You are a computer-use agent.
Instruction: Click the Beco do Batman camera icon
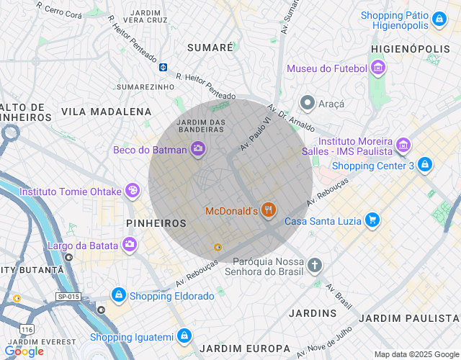tap(198, 150)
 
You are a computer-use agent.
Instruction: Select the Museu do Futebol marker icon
tap(378, 68)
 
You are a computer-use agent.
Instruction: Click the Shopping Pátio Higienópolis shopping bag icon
tap(439, 19)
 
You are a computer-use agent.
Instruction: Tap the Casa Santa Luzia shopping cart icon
tap(372, 220)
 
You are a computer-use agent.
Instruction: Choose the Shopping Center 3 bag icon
tap(425, 165)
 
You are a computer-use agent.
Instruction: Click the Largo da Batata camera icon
tap(129, 245)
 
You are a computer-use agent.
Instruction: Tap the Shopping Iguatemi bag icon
tap(185, 336)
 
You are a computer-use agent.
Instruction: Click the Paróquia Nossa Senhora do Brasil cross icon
tap(314, 266)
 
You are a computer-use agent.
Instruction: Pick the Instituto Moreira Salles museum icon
tap(403, 146)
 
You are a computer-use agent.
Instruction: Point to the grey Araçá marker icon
tap(308, 103)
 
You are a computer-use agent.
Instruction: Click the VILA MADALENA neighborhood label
tap(107, 112)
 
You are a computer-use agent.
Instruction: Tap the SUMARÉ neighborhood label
tap(210, 47)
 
